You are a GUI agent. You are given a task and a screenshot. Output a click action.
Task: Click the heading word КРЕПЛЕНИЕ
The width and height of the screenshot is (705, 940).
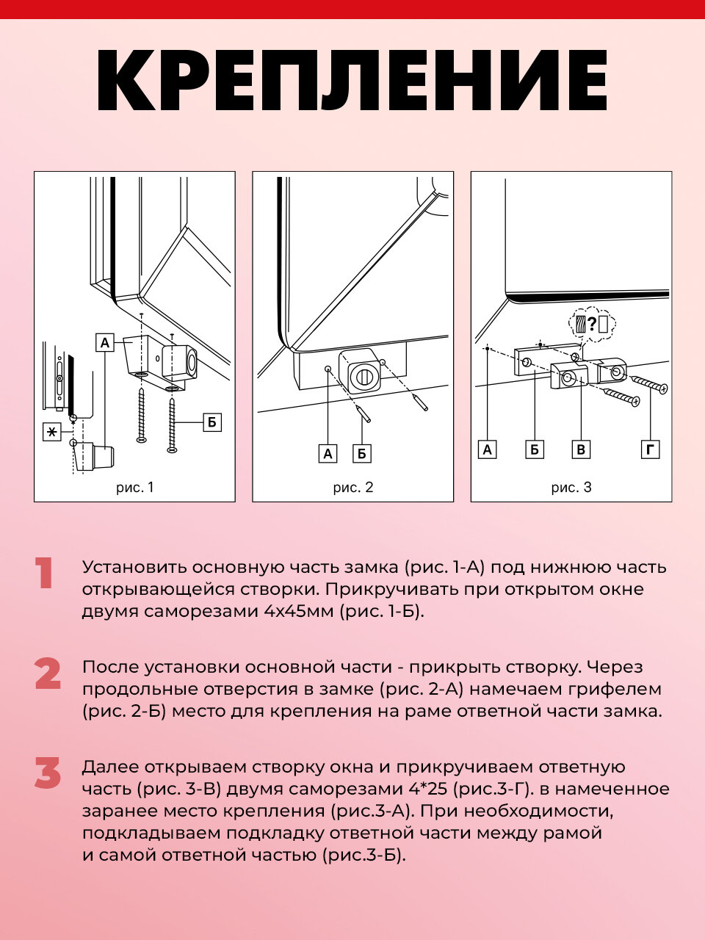coord(352,82)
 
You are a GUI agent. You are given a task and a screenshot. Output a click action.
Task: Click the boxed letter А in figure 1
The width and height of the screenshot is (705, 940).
coord(105,342)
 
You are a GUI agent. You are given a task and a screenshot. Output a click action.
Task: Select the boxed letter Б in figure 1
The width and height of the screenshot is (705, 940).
coord(211,422)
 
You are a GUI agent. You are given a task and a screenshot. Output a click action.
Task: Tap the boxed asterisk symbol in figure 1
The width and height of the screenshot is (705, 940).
coord(52,432)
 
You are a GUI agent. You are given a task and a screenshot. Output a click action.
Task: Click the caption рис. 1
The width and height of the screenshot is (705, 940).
coord(135,487)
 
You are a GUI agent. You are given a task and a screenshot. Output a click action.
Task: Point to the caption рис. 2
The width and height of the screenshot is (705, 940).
coord(353,487)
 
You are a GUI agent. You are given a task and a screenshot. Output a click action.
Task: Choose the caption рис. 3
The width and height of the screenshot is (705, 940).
coord(571,487)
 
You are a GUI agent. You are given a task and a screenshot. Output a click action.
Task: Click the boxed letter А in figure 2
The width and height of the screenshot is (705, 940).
coord(328,454)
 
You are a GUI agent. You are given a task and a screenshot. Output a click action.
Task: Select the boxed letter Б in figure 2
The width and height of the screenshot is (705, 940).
coord(361,454)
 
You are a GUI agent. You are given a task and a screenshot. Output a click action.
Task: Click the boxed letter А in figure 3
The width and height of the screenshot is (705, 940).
coord(488,449)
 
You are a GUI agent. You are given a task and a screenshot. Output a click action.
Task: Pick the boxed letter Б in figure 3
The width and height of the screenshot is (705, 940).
coord(535,449)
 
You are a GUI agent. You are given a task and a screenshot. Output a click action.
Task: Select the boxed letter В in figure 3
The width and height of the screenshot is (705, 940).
coord(581,449)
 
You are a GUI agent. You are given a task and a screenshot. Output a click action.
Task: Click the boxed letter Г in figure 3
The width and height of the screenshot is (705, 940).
coord(650,449)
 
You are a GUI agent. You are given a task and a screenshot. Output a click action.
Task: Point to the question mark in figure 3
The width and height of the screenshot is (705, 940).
coord(592,323)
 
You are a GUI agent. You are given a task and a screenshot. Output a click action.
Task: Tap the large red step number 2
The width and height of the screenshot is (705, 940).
coord(48,674)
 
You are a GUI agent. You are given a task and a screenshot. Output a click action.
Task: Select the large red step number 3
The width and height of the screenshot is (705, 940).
coord(48,774)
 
